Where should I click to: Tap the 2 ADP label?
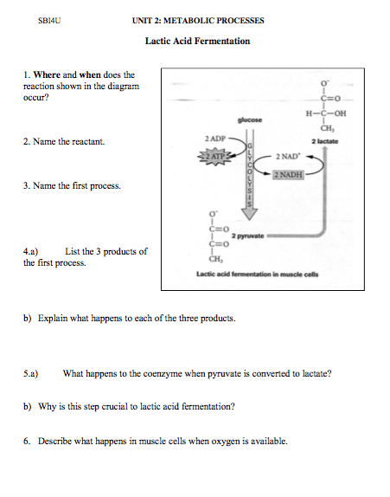(x=215, y=139)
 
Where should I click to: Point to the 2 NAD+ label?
(x=288, y=157)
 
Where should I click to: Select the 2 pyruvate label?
(x=249, y=235)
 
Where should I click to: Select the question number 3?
(x=27, y=185)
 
